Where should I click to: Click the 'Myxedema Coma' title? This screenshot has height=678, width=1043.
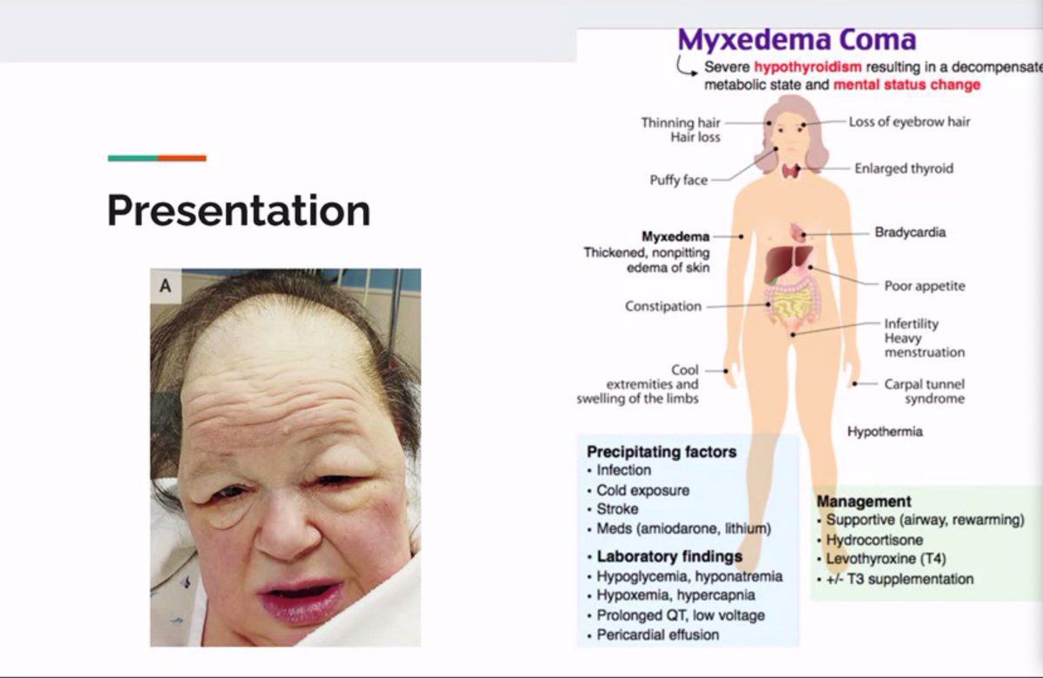point(797,40)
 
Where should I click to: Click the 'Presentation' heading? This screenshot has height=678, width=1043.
point(239,210)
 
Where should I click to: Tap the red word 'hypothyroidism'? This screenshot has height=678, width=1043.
point(807,67)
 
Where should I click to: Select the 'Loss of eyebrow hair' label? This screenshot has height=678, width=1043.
point(909,122)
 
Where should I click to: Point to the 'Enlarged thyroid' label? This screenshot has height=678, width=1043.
point(904,168)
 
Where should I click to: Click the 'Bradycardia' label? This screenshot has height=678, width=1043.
point(910,232)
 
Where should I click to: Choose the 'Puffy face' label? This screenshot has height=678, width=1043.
point(679,180)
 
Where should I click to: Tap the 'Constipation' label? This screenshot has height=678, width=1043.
point(663,306)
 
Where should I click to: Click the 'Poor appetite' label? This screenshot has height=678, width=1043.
point(925,285)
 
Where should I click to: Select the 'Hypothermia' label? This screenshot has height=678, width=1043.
point(885,432)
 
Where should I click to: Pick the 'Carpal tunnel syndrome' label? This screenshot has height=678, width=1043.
point(925,391)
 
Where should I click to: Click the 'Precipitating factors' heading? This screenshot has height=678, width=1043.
point(661,452)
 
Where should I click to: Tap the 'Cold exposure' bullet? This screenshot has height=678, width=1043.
point(643,490)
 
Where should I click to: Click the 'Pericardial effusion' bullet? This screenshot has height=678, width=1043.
point(658,635)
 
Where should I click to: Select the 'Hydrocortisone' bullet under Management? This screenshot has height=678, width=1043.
point(874,540)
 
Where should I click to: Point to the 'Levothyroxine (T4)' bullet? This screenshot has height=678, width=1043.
point(886,558)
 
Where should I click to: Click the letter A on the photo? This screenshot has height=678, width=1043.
point(165,285)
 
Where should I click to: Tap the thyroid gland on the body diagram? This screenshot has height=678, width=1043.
point(791,171)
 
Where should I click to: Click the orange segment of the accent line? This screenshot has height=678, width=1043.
point(182,158)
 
